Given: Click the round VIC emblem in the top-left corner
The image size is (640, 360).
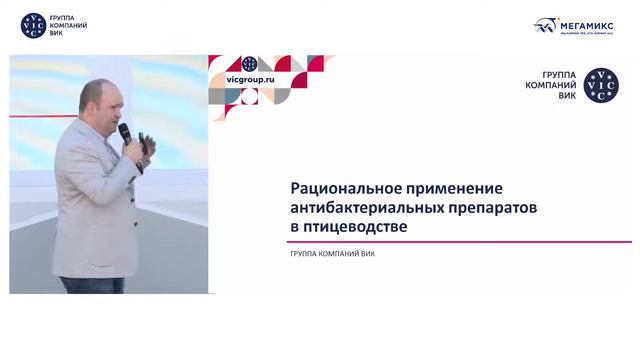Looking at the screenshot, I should (x=32, y=26).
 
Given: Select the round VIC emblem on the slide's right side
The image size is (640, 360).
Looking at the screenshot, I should (x=601, y=87).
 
